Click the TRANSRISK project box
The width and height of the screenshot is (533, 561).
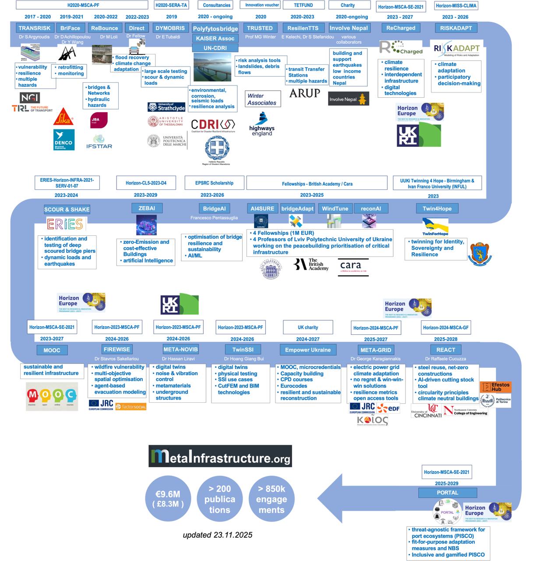[35, 28]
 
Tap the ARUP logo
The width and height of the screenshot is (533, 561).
[304, 93]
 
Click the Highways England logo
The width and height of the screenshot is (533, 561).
[262, 124]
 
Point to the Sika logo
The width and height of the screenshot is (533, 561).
[64, 117]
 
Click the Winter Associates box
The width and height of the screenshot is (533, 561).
[262, 99]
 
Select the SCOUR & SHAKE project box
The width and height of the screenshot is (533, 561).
[67, 209]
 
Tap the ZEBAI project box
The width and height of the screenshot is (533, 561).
[147, 208]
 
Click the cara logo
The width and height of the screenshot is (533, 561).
[353, 267]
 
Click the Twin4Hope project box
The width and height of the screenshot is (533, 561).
[437, 209]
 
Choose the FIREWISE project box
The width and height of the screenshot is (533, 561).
[117, 349]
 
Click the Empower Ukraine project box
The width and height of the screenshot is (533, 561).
[311, 350]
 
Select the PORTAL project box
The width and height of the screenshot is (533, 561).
[447, 493]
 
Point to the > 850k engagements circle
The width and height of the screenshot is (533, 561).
[272, 499]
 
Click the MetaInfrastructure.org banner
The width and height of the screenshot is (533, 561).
[220, 457]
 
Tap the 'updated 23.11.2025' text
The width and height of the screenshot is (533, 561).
[218, 535]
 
